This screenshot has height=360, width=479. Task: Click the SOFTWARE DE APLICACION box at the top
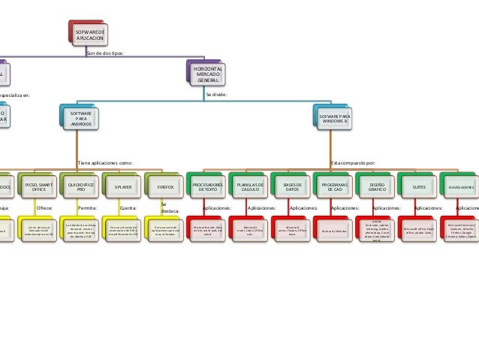(90, 34)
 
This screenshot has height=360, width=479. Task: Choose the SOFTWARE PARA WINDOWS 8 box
(334, 118)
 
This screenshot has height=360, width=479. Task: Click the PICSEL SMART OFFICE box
(38, 186)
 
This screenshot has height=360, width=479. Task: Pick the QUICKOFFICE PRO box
(80, 186)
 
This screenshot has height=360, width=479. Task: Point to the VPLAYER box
(122, 186)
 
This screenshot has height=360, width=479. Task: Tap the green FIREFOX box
(164, 186)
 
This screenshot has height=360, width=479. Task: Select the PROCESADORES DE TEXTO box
(207, 186)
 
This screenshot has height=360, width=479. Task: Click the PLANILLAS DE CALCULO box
(249, 186)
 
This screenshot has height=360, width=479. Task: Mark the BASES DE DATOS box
(292, 186)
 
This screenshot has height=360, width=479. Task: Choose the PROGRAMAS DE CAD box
(333, 186)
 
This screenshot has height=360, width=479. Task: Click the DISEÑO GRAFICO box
(376, 186)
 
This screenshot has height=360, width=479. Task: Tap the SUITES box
(418, 186)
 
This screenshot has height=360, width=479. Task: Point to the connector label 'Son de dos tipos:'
(105, 53)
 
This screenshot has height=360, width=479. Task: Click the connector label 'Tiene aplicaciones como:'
(105, 162)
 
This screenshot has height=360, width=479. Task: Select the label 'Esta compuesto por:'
(353, 162)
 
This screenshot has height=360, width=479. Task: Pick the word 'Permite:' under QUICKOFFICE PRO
(87, 207)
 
